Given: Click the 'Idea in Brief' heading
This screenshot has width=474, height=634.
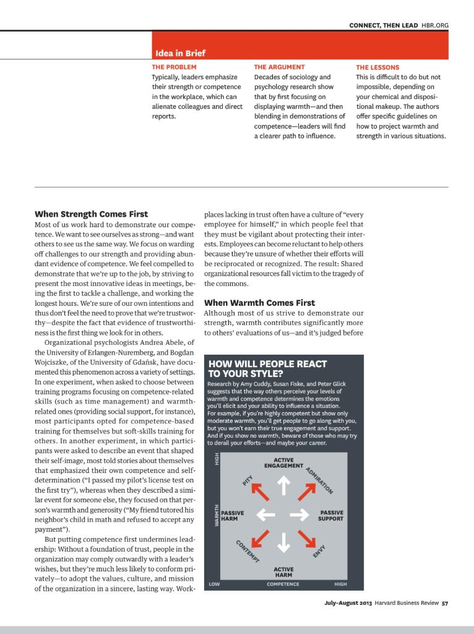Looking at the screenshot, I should tap(180, 53).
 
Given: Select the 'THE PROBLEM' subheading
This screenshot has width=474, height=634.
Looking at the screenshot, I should tap(174, 67).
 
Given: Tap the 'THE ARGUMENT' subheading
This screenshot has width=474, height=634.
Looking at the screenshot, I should tap(279, 67).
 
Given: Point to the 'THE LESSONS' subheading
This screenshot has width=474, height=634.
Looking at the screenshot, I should tap(377, 67).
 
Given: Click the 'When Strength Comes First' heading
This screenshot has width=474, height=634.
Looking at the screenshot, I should tap(91, 214).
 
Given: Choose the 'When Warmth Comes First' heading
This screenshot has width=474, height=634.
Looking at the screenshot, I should tap(259, 303).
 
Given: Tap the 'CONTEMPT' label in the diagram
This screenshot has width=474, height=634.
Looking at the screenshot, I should tap(248, 551).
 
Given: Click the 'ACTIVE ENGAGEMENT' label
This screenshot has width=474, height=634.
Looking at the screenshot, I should tap(283, 462).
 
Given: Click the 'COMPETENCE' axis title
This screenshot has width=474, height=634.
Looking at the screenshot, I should tap(283, 584).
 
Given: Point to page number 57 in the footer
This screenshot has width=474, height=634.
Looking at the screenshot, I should tap(444, 605).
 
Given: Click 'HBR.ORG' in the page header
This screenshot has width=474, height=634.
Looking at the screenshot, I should tap(435, 25).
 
